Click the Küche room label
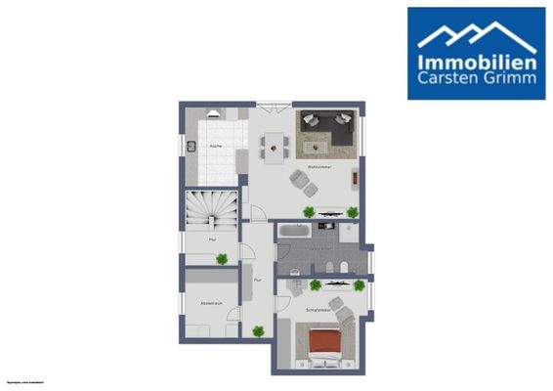click(x=214, y=146)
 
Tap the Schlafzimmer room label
click(x=319, y=308)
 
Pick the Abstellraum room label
click(x=212, y=303)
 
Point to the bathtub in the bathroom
click(x=294, y=233)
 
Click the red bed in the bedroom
click(x=323, y=344)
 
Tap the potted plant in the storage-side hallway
click(x=222, y=258)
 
